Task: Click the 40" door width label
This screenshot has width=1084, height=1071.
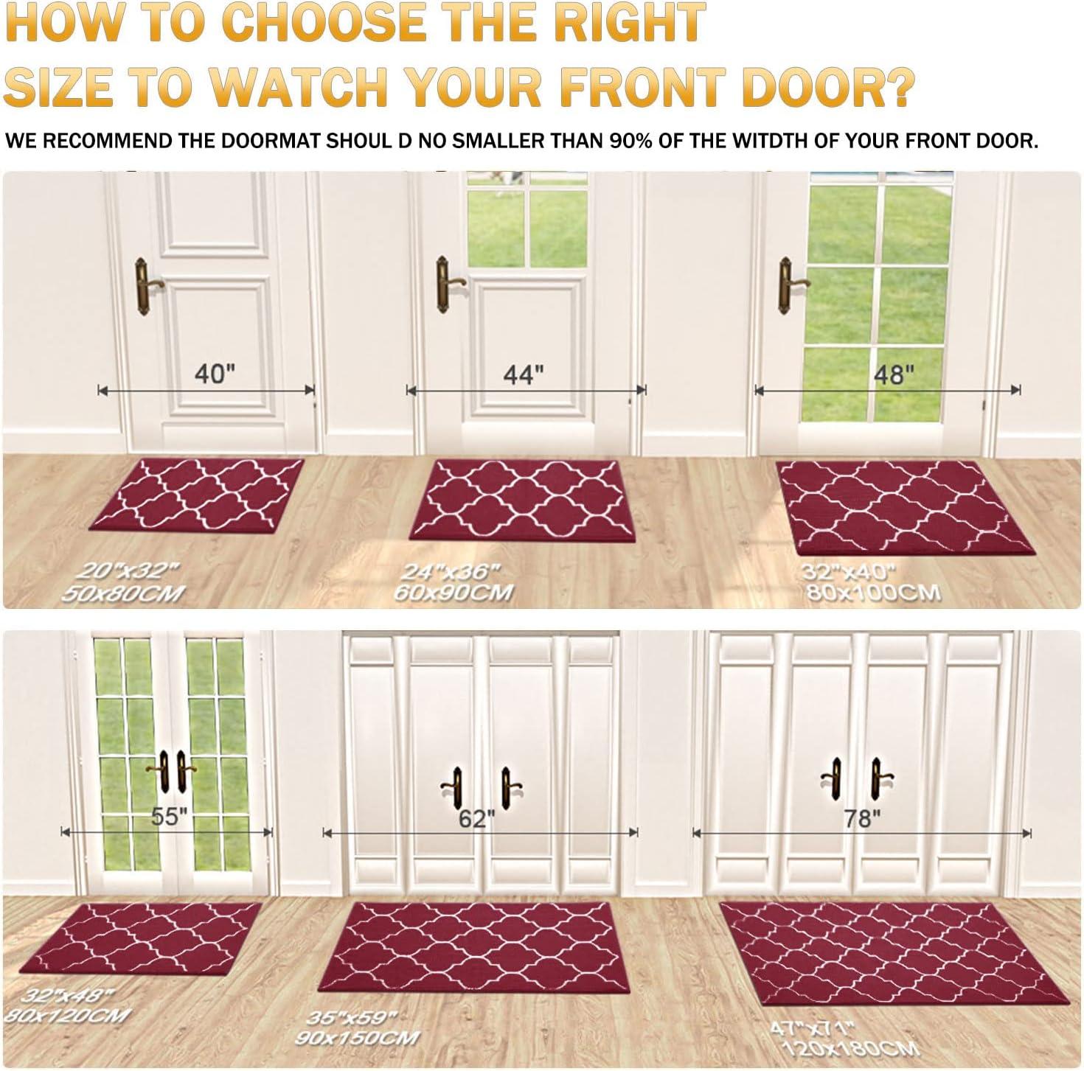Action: click(215, 374)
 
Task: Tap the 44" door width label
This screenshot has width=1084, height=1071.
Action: click(523, 374)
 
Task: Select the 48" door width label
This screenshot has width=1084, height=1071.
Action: click(893, 374)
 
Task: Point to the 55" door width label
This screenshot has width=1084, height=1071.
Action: click(169, 816)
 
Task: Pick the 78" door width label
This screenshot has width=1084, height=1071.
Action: click(862, 819)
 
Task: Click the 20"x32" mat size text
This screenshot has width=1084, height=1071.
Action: click(128, 571)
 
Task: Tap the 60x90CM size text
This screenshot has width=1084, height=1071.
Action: click(454, 593)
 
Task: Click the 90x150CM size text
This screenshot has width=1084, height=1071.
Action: click(358, 1037)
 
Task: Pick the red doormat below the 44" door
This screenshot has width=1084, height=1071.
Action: click(522, 500)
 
